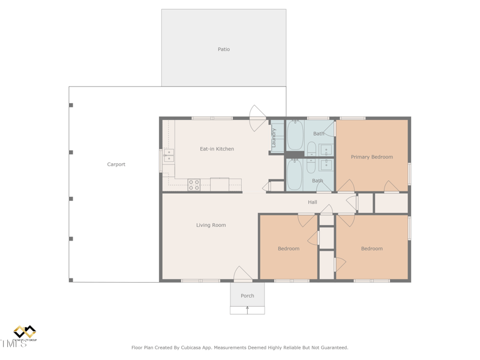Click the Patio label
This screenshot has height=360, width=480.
(223, 49)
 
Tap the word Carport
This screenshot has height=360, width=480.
(116, 164)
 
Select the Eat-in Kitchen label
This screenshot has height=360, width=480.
(217, 149)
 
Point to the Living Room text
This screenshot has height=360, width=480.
(211, 225)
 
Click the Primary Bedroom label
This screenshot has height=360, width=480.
(371, 157)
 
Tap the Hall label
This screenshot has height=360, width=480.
(312, 202)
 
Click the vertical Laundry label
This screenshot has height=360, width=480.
(274, 138)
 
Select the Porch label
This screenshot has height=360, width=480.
(247, 296)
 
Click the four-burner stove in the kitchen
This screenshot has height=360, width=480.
(194, 185)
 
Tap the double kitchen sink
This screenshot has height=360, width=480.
(169, 156)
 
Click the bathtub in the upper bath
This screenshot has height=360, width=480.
(295, 135)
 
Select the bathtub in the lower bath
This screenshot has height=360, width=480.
(295, 174)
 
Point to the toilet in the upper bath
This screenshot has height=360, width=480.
(311, 148)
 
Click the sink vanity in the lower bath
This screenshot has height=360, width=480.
(326, 164)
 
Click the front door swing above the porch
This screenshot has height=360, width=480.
(242, 274)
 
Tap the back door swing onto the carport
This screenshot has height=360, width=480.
(257, 118)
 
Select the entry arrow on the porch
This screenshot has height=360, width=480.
(247, 310)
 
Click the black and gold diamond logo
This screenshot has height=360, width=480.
(25, 332)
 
